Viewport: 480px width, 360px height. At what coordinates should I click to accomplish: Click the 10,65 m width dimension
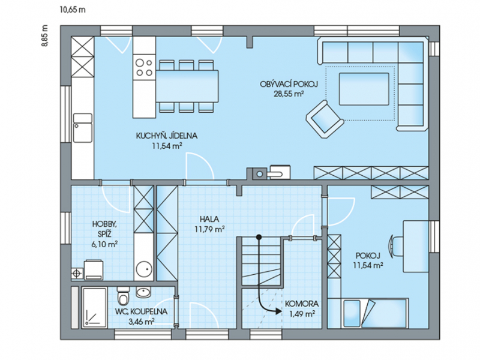tap(73, 10)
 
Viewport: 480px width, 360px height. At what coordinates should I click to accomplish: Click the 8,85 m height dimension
tap(45, 35)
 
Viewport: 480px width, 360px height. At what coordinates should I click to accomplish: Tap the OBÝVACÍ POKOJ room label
tap(289, 84)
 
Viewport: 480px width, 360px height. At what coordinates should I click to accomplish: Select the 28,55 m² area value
tap(289, 94)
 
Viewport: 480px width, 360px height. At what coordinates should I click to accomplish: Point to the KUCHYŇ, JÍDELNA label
tap(167, 136)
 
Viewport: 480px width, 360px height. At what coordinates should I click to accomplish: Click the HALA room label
tap(209, 219)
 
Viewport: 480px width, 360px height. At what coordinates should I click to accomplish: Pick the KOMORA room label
tap(302, 304)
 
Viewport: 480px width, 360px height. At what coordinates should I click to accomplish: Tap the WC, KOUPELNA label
tap(141, 311)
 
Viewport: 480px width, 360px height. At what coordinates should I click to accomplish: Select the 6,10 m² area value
tap(104, 244)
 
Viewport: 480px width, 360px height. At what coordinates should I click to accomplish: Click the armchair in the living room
tap(325, 119)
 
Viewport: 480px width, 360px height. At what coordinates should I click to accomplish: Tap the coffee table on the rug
tap(364, 89)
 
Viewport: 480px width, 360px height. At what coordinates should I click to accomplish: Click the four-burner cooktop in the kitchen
tap(144, 67)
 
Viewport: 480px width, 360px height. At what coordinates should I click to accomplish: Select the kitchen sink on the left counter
tap(83, 128)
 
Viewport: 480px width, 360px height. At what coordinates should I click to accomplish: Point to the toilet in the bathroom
tap(124, 296)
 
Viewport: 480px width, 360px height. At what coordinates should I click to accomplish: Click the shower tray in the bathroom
tap(94, 307)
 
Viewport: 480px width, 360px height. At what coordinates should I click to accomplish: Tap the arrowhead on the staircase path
tap(278, 311)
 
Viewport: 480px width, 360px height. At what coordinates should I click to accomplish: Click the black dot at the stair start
tap(259, 236)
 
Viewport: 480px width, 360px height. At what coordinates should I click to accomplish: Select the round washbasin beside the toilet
tap(143, 292)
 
